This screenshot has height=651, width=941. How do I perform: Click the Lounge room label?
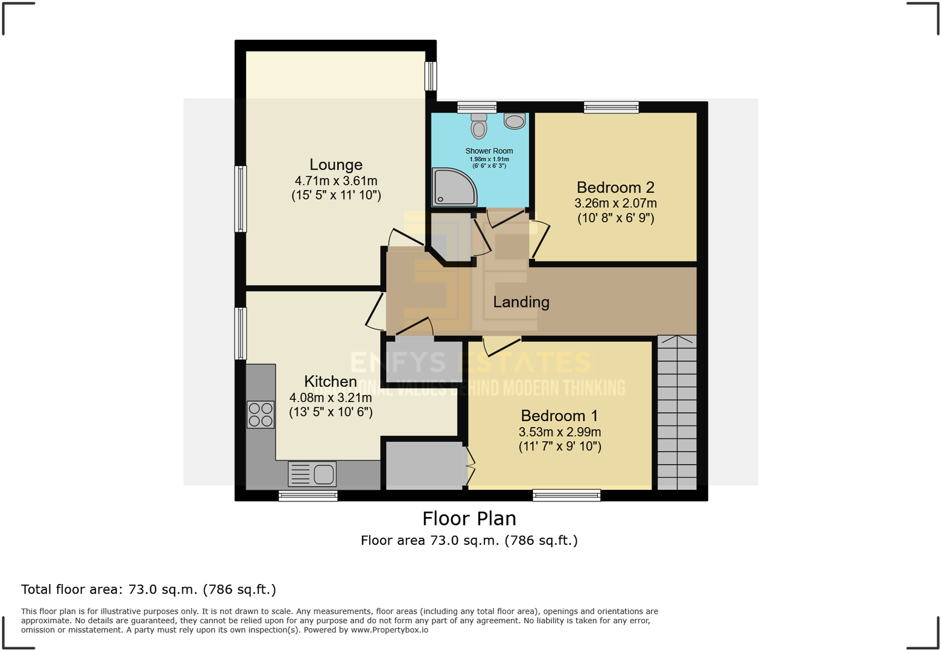point(336,165)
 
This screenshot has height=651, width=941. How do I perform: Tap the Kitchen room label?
point(330,381)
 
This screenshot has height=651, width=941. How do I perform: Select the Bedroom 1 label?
point(559,416)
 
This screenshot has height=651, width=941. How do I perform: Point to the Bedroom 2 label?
point(615,188)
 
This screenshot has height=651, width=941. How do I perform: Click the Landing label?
point(521,302)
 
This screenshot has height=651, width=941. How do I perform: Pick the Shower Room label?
point(489,151)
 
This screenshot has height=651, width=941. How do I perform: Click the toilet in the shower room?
point(479,125)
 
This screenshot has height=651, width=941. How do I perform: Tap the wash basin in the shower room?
point(515,121)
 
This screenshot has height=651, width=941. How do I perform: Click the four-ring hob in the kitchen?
point(261,415)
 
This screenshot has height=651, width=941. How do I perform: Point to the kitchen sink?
point(312,474)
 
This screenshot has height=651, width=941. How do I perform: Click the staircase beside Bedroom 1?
point(677,413)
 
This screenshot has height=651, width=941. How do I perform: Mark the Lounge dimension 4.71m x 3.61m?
point(336,181)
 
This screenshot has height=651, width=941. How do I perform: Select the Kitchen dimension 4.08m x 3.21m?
point(330,398)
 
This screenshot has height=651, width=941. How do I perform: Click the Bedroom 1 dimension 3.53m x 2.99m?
point(559,432)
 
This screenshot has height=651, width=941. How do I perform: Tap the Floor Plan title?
point(469,518)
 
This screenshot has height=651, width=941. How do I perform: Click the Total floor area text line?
point(148,589)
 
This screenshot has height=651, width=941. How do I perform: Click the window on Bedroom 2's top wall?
point(611,107)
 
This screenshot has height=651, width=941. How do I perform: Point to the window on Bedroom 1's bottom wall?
point(566,495)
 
